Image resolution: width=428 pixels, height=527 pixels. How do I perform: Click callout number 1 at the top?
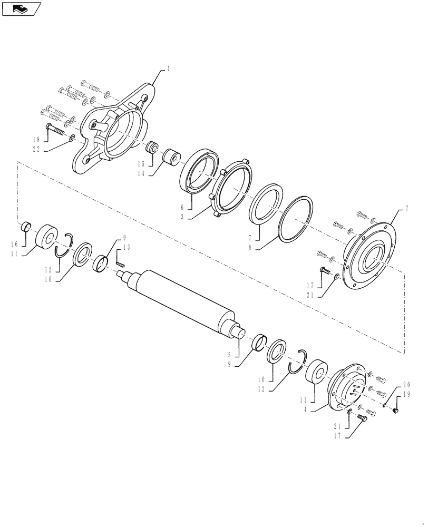pos(168,69)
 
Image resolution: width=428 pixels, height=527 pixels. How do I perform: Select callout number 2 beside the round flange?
pos(406,209)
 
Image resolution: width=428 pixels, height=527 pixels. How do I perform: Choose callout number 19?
pos(406,394)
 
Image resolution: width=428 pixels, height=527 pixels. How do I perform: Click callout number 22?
pos(35,149)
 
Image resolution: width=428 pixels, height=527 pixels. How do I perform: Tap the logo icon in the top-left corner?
pos(21,8)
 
